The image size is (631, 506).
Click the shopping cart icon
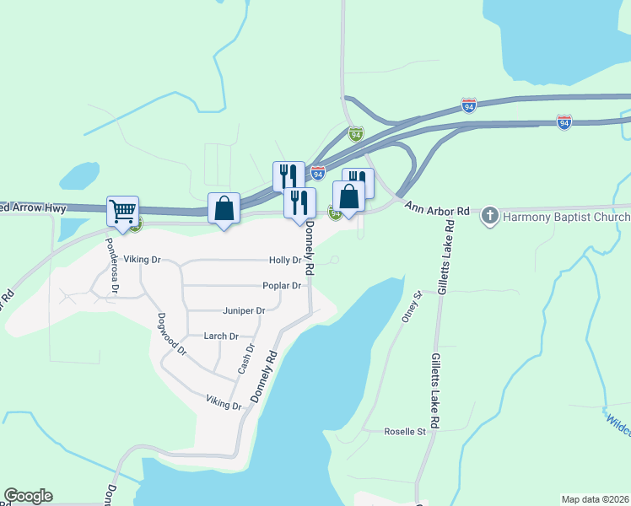123,211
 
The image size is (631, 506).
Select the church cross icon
489,216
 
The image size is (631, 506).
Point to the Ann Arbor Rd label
436,207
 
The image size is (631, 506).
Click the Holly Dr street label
284,260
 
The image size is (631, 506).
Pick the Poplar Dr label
282,286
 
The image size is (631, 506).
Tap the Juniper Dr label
244,311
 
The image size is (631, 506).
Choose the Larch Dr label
221,336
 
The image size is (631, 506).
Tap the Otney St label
412,309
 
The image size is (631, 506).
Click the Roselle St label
405,432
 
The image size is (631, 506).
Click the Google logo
28,496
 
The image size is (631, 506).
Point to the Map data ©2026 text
594,499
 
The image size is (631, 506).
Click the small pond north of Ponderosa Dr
79,175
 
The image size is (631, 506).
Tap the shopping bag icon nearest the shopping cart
224,208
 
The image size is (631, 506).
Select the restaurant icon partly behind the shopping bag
359,180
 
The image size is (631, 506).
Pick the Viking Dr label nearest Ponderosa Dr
142,260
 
